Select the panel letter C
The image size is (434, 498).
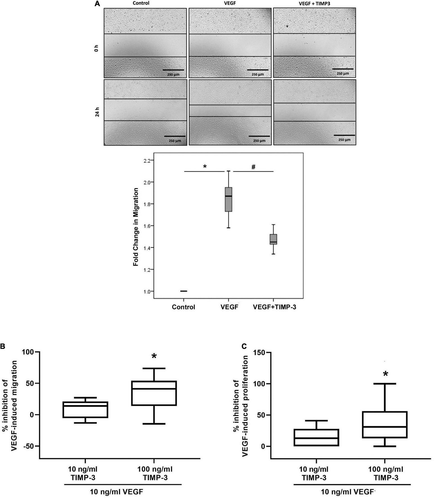point(244,346)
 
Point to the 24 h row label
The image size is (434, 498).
point(97,112)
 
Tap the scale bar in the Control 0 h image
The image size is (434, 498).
point(173,70)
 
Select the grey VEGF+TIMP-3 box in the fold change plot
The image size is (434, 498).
point(273,239)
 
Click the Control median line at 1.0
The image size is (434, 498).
point(184,291)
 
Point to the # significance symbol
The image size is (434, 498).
point(253,167)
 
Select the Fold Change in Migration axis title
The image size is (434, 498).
point(136,227)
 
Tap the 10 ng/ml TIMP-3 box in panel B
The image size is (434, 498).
point(85,410)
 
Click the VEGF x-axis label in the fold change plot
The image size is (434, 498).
point(229,307)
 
